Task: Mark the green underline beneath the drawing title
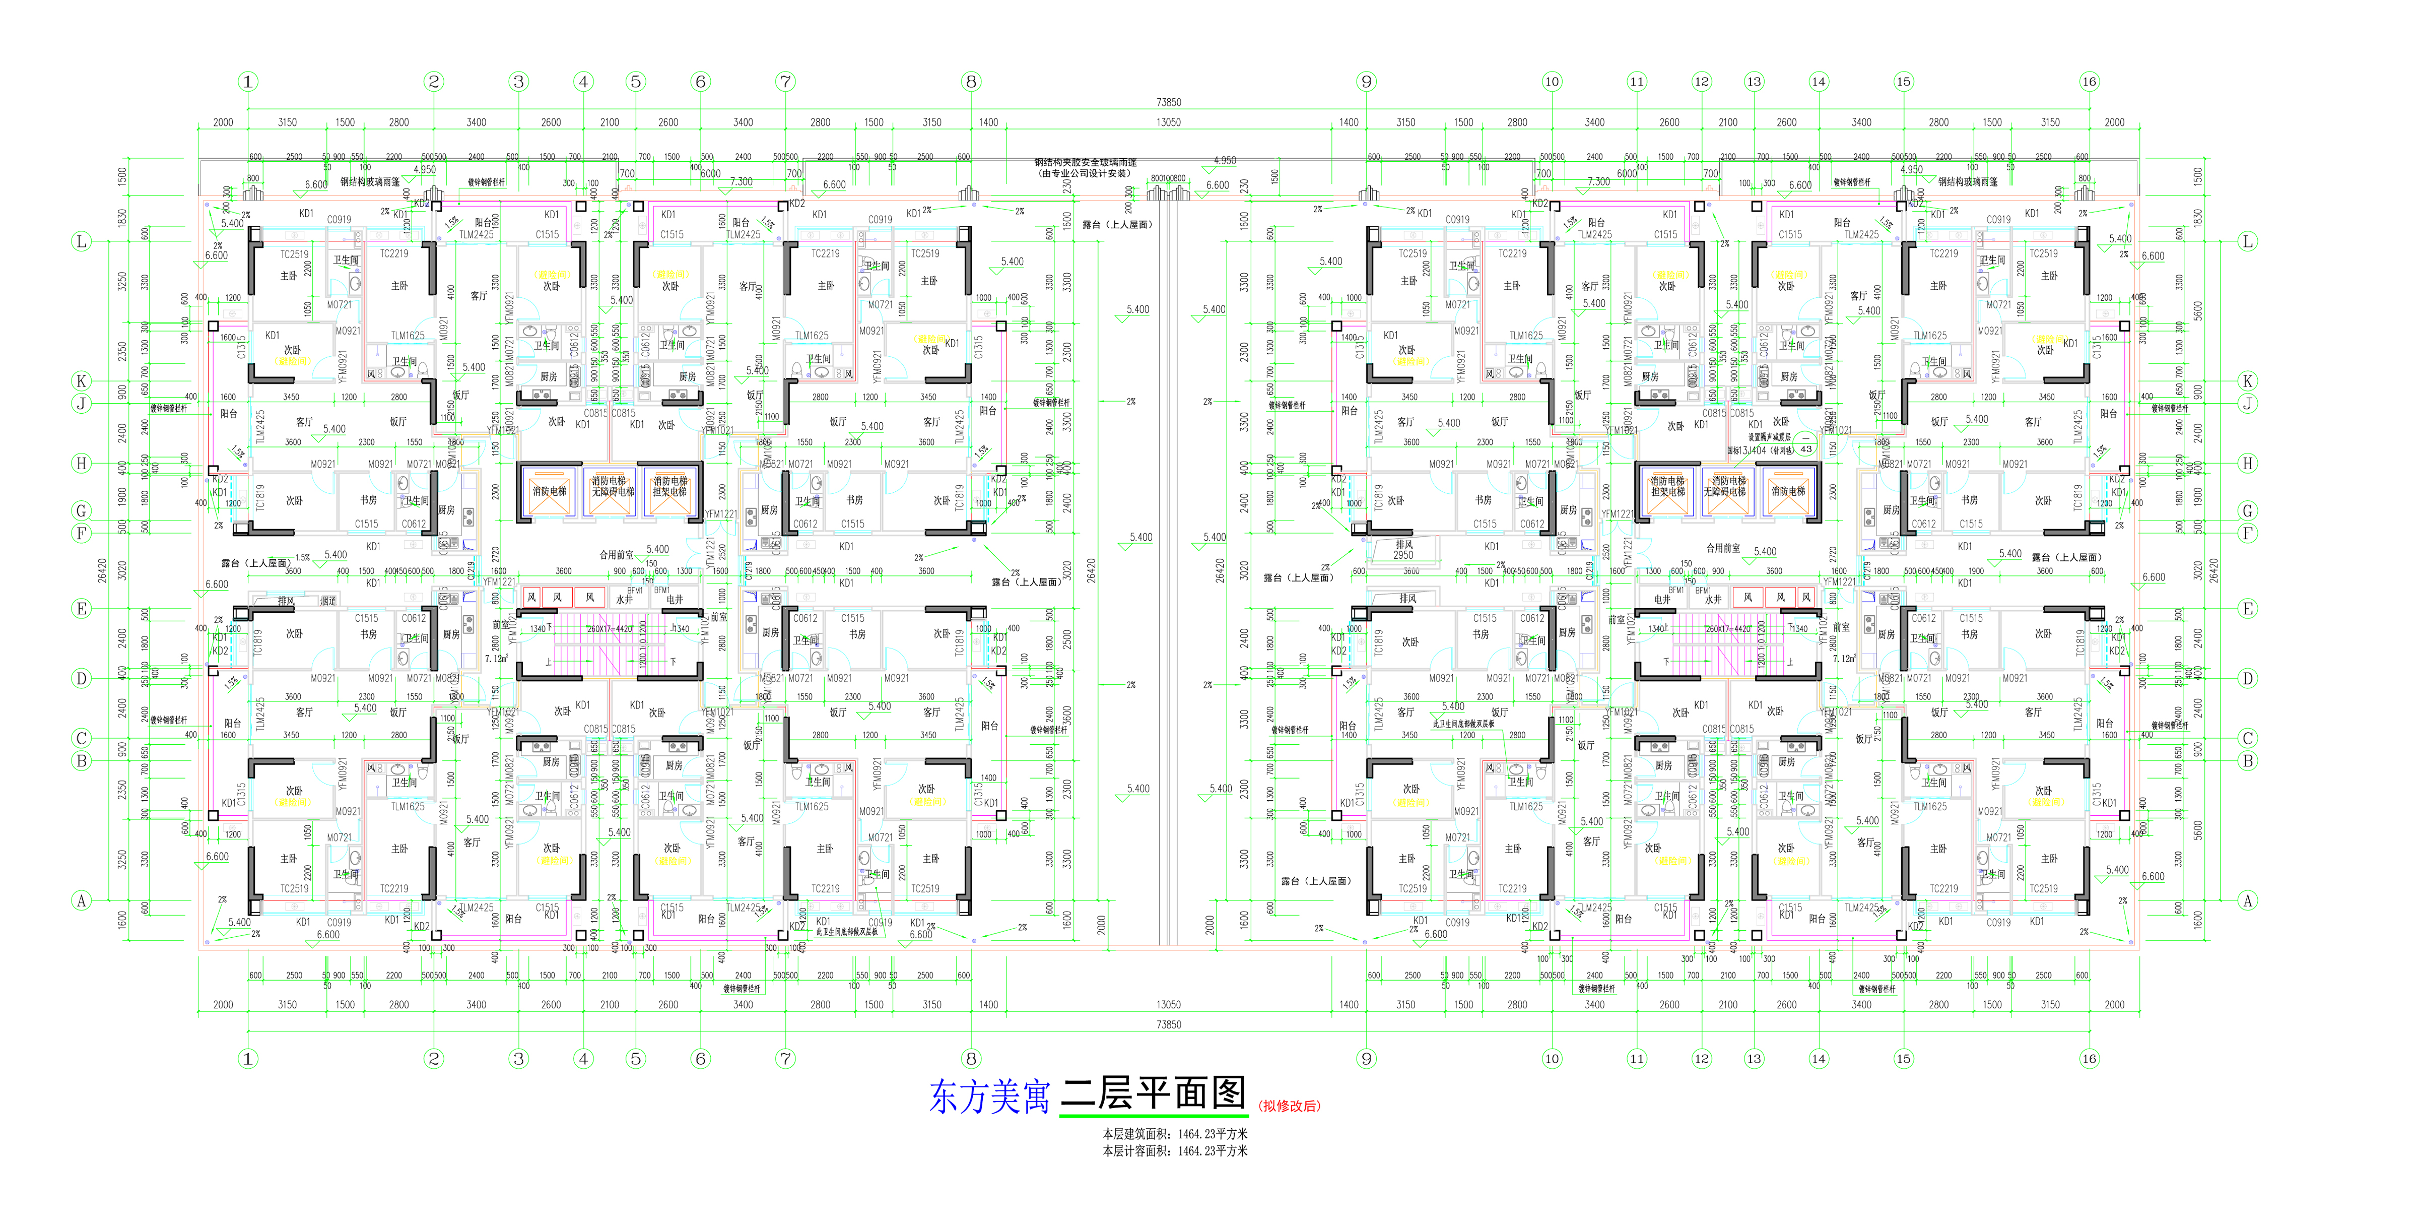1153,1115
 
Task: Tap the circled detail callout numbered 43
1806,449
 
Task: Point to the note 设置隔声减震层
1769,436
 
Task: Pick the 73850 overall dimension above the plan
1169,102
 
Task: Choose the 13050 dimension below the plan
1169,1005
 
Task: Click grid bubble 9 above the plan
1367,82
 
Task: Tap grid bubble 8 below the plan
972,1059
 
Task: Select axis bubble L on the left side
82,241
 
